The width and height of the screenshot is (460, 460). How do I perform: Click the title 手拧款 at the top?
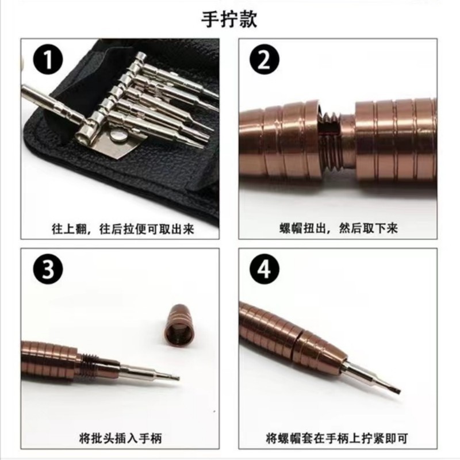coord(229,19)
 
